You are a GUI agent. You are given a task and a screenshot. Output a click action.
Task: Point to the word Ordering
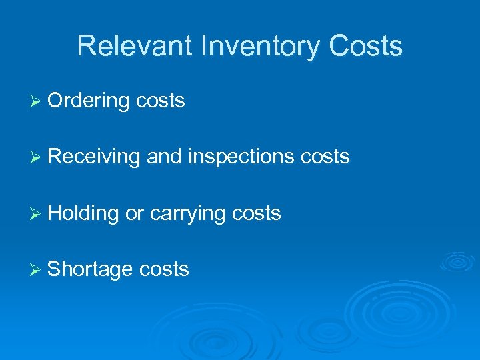click(x=89, y=101)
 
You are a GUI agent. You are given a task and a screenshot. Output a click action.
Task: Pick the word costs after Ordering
click(x=160, y=101)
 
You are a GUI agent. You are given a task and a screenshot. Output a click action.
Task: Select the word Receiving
click(x=94, y=157)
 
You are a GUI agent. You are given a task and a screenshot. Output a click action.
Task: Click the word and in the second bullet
click(x=165, y=157)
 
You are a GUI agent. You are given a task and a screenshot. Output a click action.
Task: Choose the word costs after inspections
click(x=325, y=157)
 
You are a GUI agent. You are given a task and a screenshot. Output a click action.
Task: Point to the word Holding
click(x=84, y=213)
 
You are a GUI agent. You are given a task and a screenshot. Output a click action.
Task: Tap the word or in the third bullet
click(x=135, y=213)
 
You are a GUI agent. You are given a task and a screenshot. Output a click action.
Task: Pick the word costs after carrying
click(x=257, y=213)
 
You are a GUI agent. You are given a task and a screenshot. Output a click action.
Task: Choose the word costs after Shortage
click(x=164, y=269)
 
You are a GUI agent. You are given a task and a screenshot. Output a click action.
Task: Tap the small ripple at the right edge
click(x=457, y=261)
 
